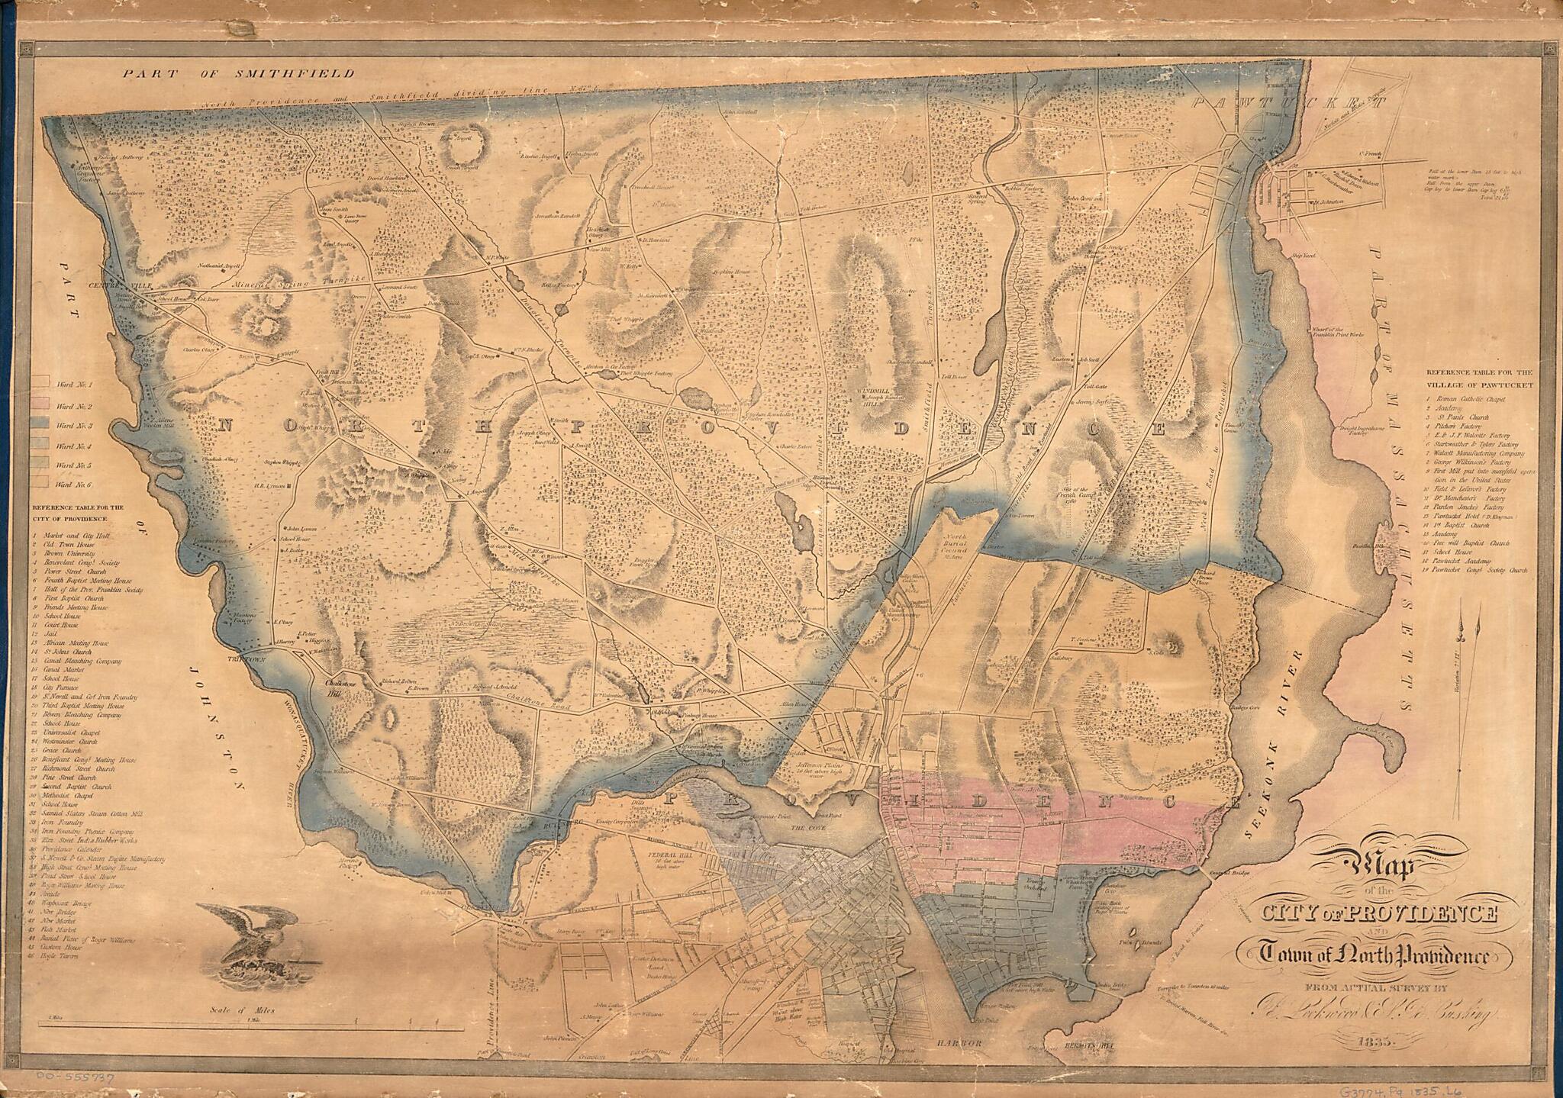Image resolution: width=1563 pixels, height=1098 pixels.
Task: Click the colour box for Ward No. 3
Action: [x=40, y=424]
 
